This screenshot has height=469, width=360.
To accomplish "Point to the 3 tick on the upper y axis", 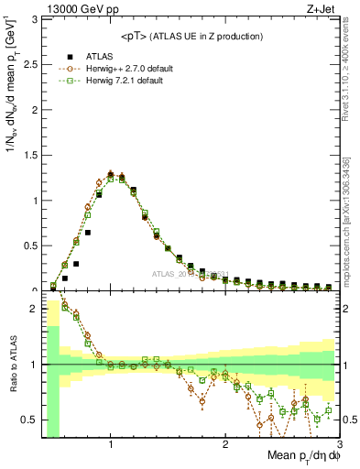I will point(36,20).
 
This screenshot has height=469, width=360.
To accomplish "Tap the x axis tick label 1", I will point(111,445).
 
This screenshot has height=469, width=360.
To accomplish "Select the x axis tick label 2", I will point(225,445).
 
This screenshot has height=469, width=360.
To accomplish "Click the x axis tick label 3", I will point(339,445).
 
